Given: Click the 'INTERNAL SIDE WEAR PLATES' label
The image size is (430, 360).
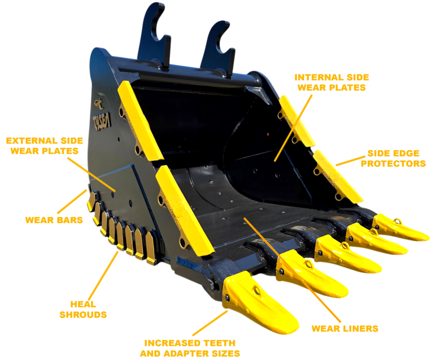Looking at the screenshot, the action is tap(332, 82).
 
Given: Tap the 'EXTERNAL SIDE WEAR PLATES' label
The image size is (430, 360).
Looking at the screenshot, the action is tap(45, 146).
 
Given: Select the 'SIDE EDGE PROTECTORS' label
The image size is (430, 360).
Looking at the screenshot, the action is tap(393, 158).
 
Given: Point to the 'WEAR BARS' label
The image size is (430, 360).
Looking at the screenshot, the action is tap(54, 220).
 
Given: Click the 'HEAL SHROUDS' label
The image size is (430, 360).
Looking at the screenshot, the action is tap(83, 309).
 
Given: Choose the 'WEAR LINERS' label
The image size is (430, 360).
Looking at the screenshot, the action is tap(345, 328).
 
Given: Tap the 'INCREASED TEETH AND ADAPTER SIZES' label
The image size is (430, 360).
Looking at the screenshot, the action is tap(190, 348).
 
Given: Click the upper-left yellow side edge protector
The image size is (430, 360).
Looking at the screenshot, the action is tap(139, 121).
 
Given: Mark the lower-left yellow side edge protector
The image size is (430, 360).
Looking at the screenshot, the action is tap(183, 211).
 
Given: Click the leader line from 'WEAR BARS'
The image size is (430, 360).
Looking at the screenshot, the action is tap(72, 201).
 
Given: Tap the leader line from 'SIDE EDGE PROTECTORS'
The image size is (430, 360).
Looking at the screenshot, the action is tap(351, 161).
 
